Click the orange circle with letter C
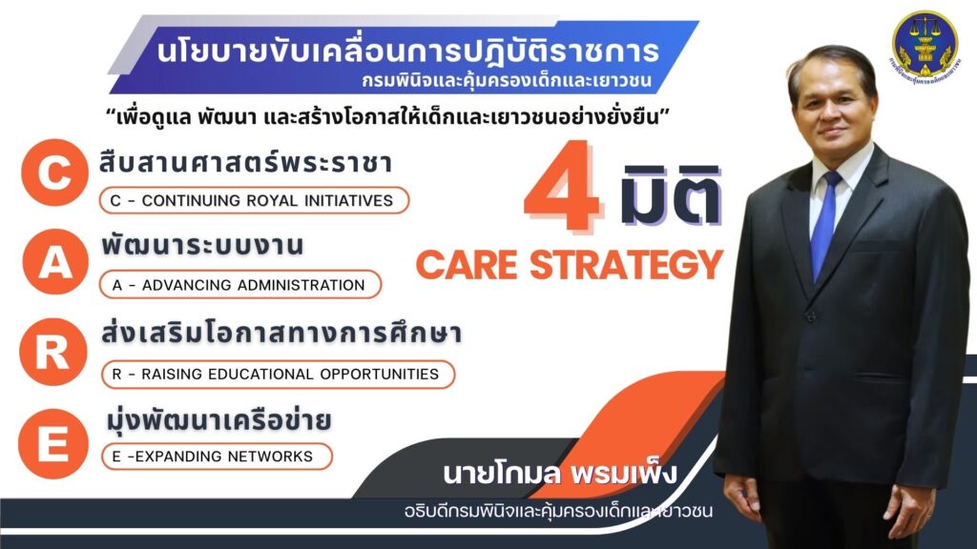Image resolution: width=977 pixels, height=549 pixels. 54,173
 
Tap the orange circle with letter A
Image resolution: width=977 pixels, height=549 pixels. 55,261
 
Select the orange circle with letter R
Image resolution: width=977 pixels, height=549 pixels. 53,352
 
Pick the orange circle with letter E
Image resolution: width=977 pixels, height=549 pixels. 53,444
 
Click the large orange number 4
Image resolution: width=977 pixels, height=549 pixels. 562,185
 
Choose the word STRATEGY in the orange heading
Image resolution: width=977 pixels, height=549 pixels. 626,265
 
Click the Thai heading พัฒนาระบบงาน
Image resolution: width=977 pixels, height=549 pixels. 202,245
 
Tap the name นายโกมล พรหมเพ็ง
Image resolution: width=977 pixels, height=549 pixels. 559,474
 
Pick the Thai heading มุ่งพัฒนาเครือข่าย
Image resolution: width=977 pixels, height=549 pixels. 218,420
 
